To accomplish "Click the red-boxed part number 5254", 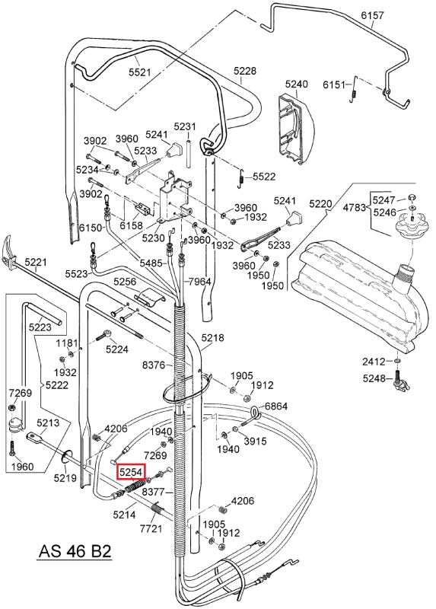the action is pos(132,472).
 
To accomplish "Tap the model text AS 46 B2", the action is pos(75,550).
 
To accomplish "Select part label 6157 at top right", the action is pos(372,15).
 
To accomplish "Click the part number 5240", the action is pos(296,84).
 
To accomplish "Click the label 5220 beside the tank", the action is pos(320,203).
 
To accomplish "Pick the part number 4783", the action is pos(354,207).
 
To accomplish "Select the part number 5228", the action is pos(245,71).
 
